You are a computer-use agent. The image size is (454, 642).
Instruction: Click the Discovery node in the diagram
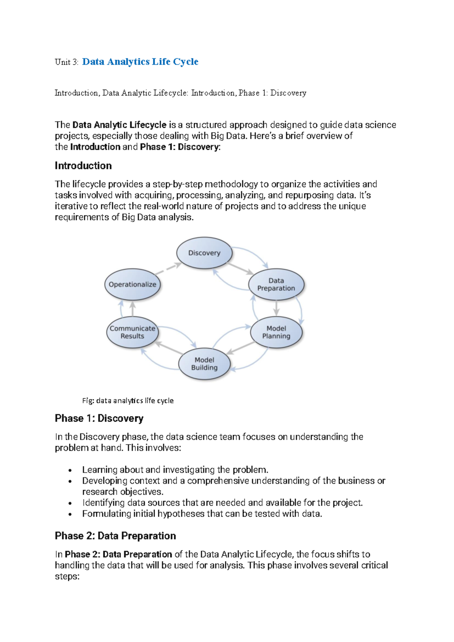pos(204,253)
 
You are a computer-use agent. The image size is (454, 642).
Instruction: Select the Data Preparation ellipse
pos(276,284)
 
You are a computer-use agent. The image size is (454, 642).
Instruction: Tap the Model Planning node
pos(276,332)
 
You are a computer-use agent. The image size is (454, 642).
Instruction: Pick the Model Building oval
pos(204,363)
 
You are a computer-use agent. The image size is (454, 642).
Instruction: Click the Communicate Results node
pos(132,332)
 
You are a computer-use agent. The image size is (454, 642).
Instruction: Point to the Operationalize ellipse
pos(132,284)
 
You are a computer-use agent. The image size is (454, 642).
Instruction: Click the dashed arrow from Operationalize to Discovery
pos(168,268)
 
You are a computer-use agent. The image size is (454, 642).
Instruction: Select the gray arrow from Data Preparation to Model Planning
pos(276,308)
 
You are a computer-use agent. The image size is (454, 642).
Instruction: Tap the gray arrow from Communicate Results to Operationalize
pos(132,309)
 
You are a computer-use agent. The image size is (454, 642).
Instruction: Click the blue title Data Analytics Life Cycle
pos(140,62)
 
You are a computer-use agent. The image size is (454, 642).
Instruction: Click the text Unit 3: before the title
pos(67,62)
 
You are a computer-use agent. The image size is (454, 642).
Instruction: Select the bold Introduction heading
pos(83,165)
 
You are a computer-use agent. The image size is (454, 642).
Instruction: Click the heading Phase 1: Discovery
pos(99,418)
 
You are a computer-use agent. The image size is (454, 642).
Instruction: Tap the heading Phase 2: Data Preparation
pos(115,536)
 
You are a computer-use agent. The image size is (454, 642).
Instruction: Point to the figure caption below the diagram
pos(128,400)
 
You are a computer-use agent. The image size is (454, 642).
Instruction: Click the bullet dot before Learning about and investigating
pos(70,471)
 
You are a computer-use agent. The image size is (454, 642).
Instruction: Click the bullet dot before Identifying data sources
pos(70,503)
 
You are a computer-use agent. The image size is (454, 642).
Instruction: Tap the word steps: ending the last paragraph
pos(67,577)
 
